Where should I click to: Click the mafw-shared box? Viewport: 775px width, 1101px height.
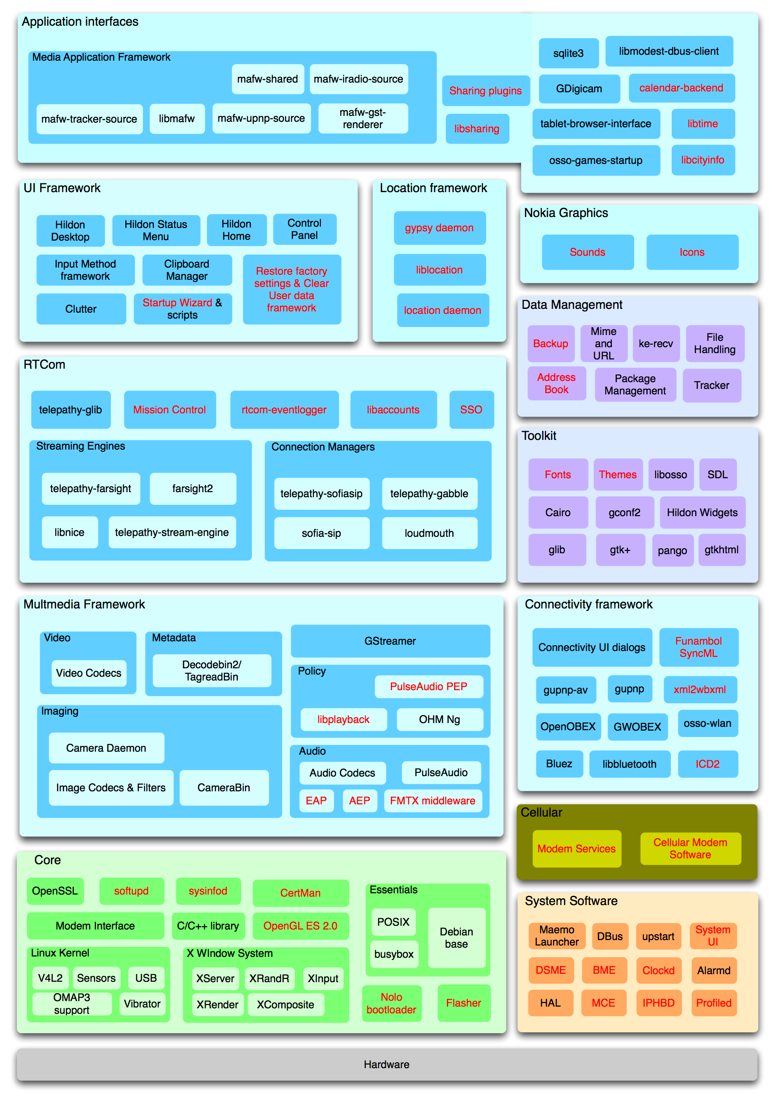267,79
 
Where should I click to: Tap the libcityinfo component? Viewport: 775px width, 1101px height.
702,160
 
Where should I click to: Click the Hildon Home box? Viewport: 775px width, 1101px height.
236,230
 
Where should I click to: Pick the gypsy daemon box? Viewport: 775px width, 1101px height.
439,228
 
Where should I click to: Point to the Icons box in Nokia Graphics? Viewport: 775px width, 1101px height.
692,252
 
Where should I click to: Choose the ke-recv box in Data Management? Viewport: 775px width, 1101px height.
656,344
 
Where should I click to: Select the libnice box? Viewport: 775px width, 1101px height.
70,532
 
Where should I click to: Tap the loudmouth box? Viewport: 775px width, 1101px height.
429,533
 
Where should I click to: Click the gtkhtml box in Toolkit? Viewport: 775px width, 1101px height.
721,550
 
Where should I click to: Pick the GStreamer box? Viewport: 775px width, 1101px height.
390,641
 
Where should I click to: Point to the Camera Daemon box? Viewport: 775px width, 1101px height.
106,748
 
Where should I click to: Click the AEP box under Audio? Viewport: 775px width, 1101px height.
359,801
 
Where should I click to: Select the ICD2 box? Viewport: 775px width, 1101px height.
708,764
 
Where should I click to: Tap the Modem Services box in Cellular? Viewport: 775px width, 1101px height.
576,849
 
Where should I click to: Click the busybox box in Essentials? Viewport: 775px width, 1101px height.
393,954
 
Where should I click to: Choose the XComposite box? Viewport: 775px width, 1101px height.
285,1005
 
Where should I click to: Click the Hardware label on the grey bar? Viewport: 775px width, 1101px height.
386,1065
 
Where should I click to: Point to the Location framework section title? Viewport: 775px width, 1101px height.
433,188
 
